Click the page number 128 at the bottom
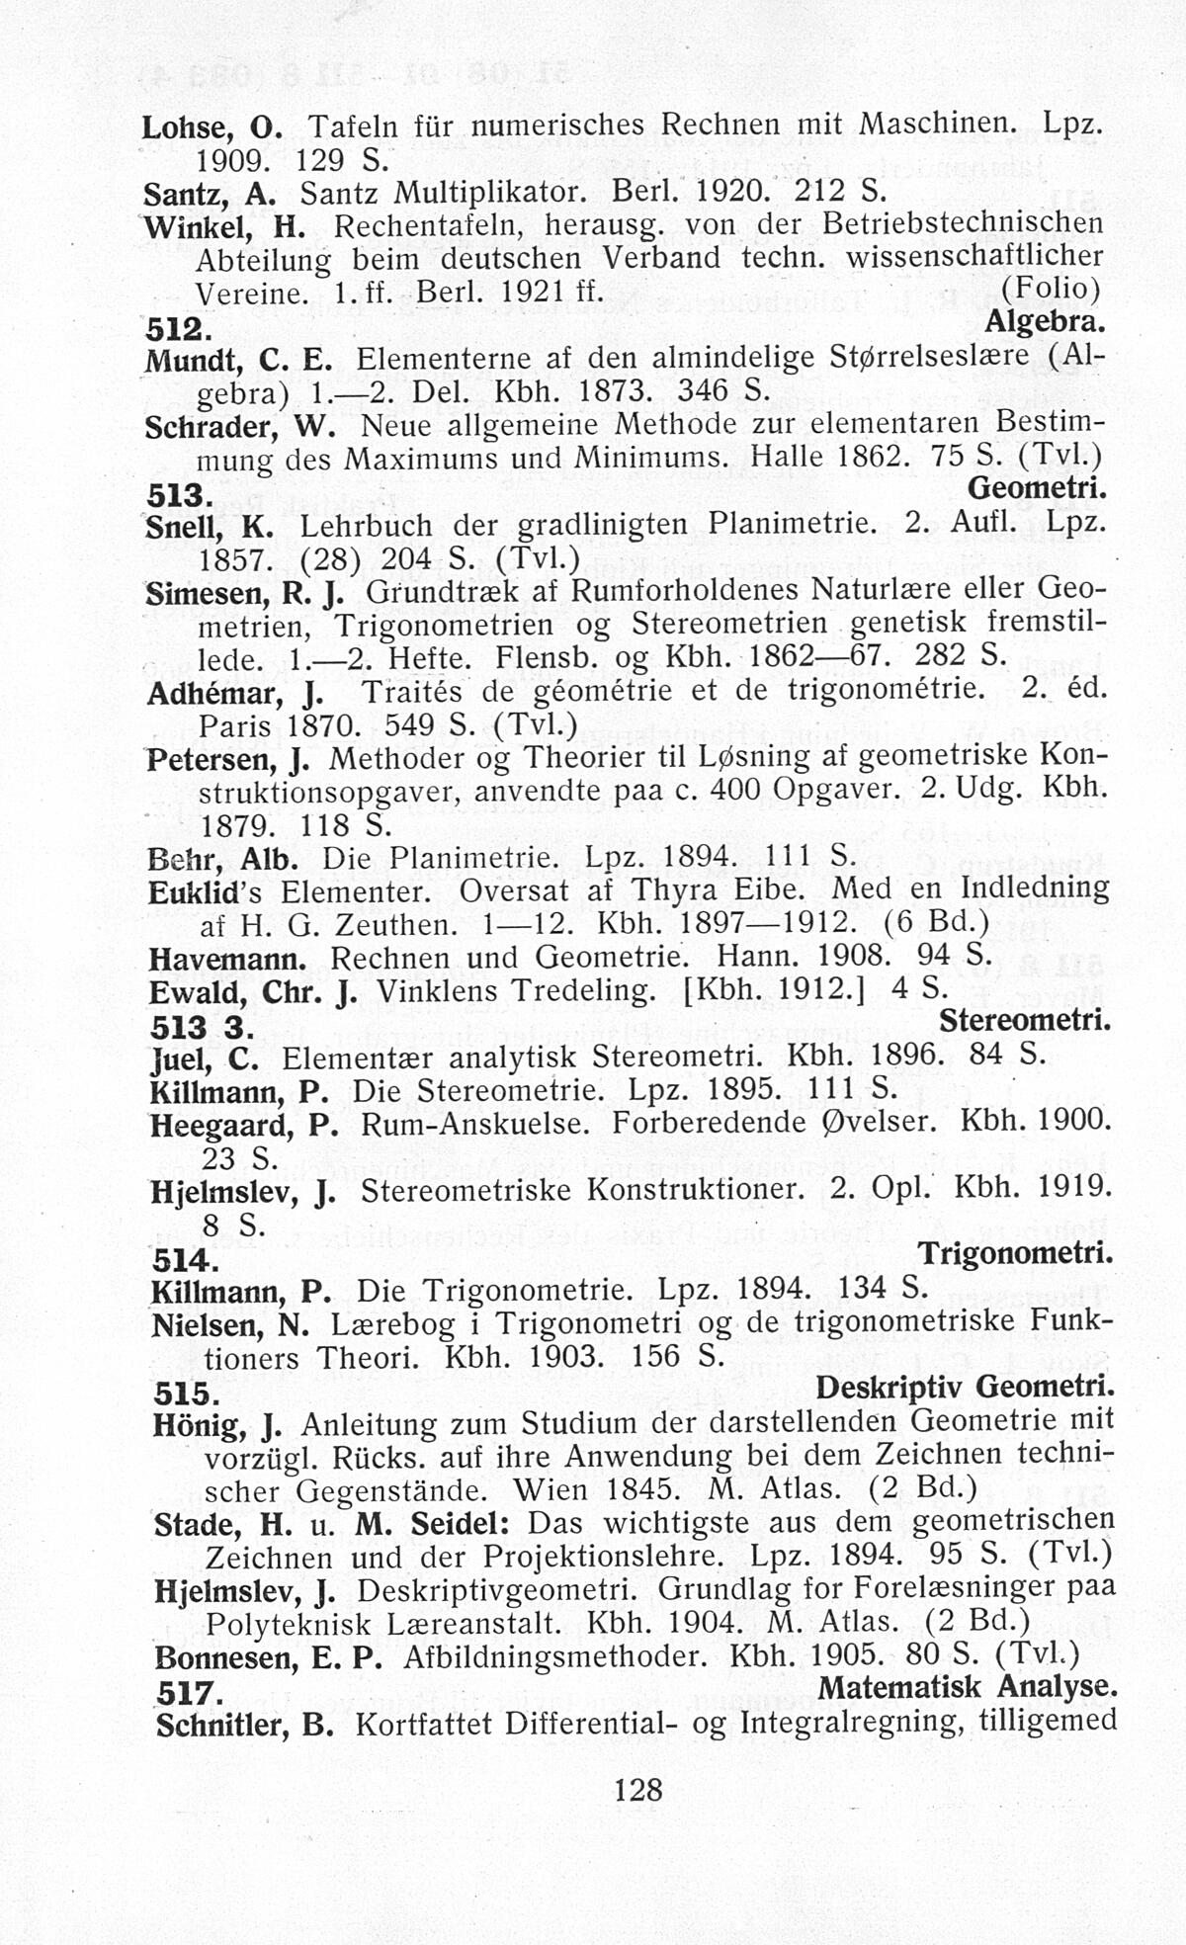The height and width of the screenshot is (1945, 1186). click(x=637, y=1789)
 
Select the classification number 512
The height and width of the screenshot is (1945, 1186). click(x=177, y=328)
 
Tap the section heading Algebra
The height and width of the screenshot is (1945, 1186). click(x=1045, y=323)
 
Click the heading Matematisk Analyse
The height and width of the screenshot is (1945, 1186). click(x=968, y=1686)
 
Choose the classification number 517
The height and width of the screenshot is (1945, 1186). click(x=187, y=1694)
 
